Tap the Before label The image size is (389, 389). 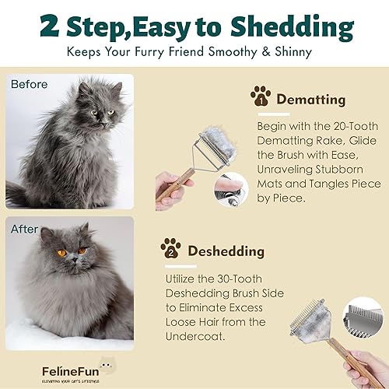tap(28, 85)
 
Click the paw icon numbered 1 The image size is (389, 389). tap(261, 97)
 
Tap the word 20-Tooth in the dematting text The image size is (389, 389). tap(346, 126)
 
